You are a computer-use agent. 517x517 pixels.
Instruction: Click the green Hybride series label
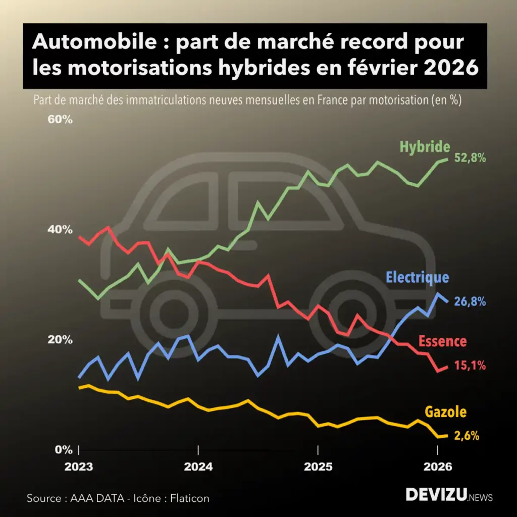(425, 147)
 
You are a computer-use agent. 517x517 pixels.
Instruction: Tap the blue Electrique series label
(417, 277)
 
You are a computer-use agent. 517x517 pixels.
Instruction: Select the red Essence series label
(442, 341)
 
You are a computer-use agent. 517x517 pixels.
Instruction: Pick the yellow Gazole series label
(445, 412)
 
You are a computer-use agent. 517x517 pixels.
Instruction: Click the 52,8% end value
(470, 158)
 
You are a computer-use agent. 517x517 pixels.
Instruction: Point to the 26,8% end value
(470, 302)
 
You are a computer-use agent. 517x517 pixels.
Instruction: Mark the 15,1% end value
(470, 366)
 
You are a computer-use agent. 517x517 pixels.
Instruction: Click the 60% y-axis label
(61, 120)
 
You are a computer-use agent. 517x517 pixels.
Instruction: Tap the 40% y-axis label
(61, 230)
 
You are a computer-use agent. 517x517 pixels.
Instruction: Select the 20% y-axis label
(61, 340)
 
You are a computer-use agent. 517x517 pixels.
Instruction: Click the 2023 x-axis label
(79, 467)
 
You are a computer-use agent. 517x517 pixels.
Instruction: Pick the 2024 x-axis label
(198, 467)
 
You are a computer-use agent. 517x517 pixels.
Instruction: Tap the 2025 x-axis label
(318, 467)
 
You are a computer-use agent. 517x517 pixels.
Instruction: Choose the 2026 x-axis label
(437, 467)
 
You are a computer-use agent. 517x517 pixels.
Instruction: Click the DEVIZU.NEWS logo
(449, 495)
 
